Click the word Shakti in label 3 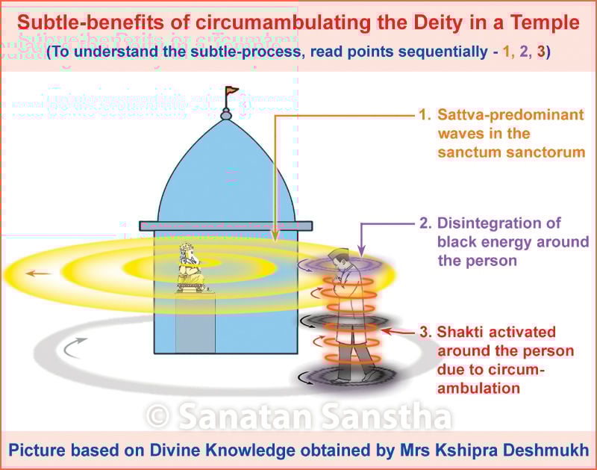point(463,332)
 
